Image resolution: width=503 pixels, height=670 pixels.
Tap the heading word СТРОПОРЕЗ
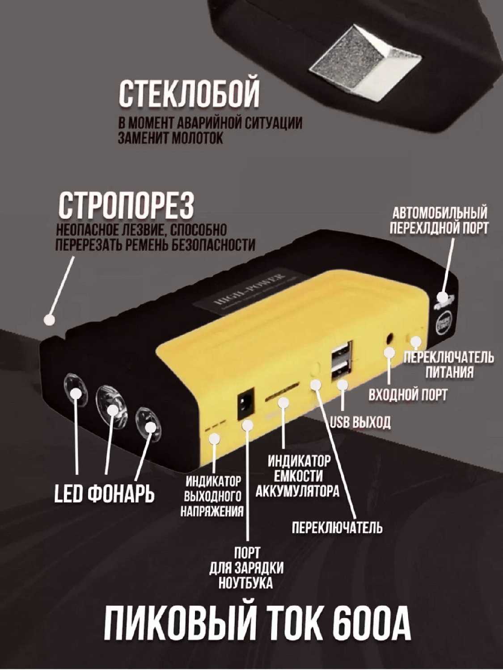pos(126,205)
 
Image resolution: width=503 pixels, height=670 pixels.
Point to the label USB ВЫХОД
pos(360,422)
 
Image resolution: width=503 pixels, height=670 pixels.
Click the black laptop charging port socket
pos(247,404)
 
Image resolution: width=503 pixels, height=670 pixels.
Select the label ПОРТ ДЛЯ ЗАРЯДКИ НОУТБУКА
pos(246,568)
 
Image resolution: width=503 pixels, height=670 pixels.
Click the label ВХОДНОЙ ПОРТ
pos(407,394)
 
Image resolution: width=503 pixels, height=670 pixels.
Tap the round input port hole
pos(390,338)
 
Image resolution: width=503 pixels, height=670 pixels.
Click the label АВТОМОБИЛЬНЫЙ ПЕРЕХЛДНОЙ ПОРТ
pos(439,220)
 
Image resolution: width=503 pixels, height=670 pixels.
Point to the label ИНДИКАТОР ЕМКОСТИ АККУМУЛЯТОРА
pos(298,476)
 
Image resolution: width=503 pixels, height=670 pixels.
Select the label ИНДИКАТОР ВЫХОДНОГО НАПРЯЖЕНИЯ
pos(213,496)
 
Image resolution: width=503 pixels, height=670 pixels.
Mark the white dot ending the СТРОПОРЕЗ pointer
pos(49,320)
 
